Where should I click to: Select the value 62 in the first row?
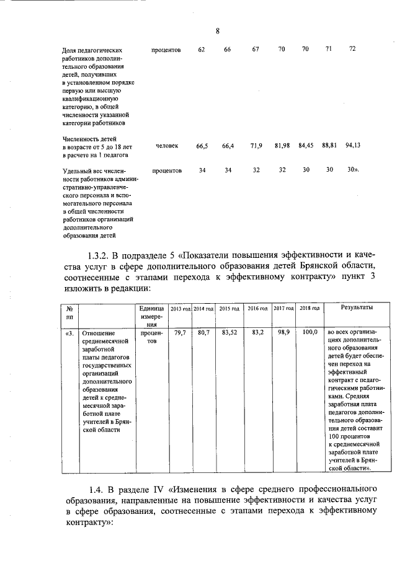coord(202,50)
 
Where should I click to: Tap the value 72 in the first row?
coord(352,49)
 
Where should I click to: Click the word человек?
coord(167,146)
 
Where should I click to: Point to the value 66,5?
coord(202,146)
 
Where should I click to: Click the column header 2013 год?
coord(181,309)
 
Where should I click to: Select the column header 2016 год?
coord(257,309)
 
